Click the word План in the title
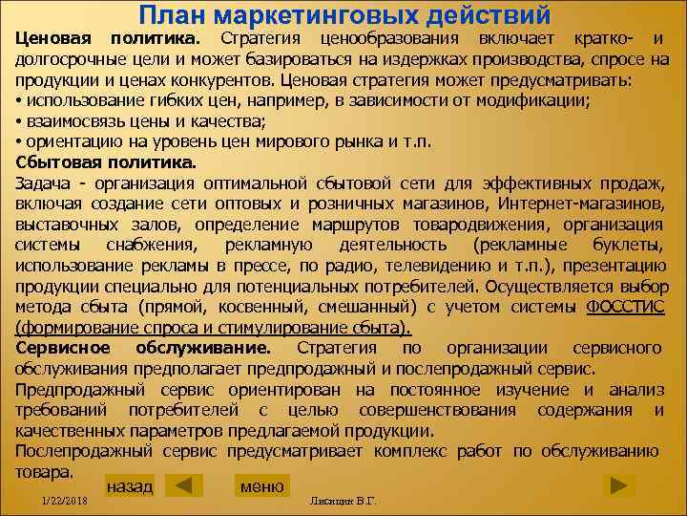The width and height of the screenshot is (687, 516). click(x=171, y=15)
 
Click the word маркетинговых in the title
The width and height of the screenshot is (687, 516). click(x=316, y=15)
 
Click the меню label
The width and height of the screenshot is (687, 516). click(x=261, y=486)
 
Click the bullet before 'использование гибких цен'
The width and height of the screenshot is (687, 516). click(x=19, y=100)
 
